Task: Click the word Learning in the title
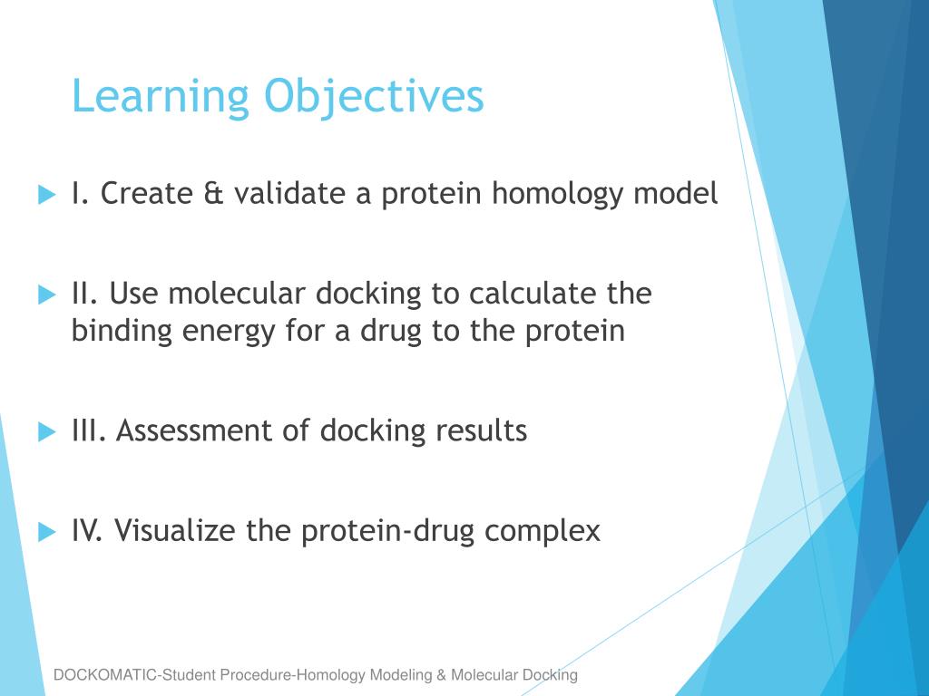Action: click(161, 97)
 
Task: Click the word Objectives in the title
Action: click(374, 97)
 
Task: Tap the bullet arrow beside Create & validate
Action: click(47, 194)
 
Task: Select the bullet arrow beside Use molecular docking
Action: click(47, 295)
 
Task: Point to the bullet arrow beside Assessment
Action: click(47, 431)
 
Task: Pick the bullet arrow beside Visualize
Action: click(47, 531)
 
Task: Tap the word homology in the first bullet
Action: click(558, 195)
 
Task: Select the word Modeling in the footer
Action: click(400, 675)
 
